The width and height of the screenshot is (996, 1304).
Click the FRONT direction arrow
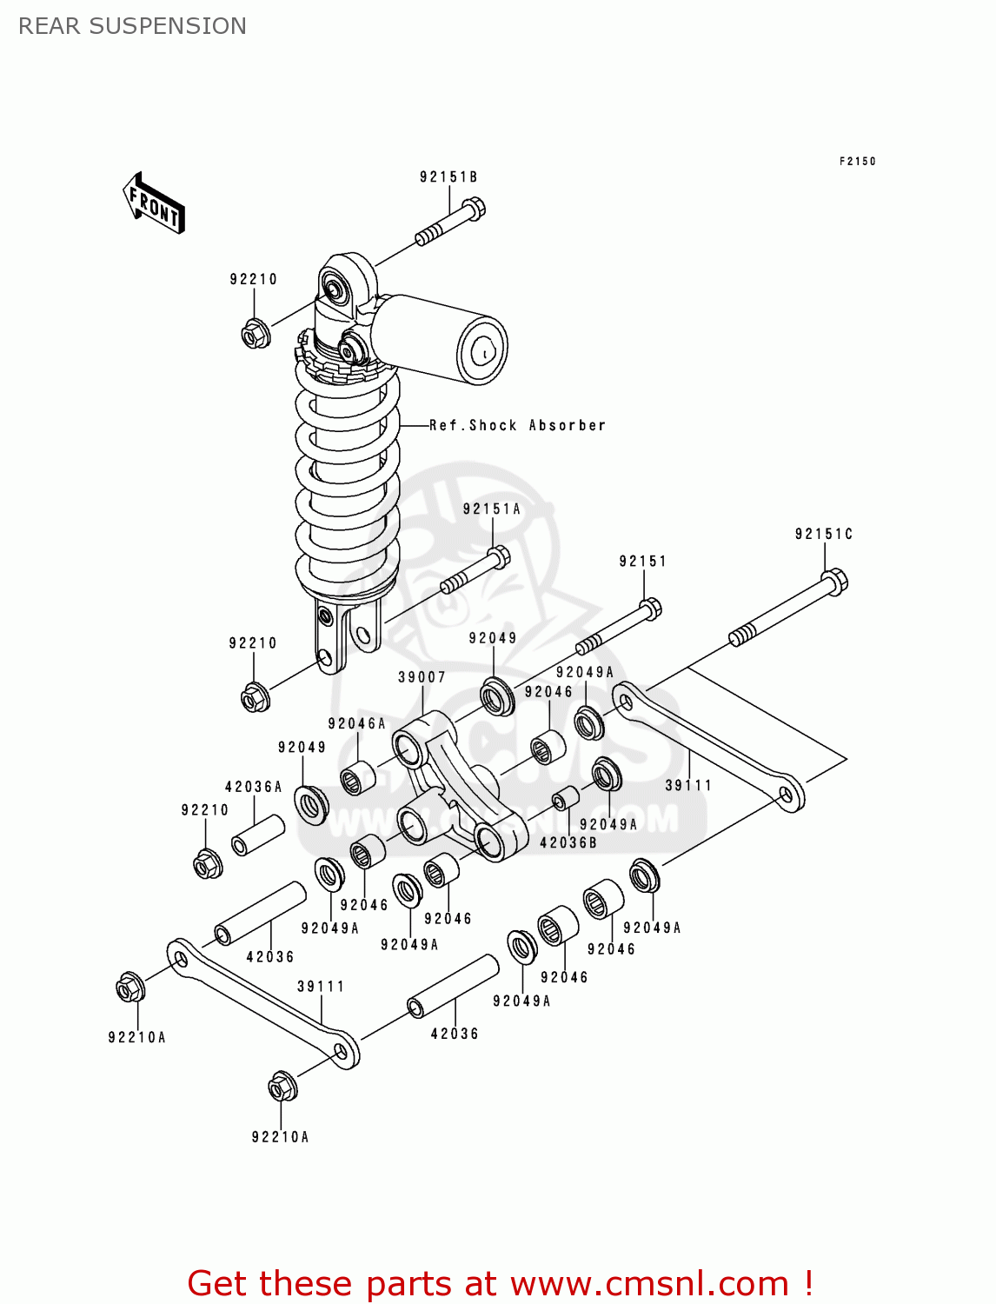tap(154, 203)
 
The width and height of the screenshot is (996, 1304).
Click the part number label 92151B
tap(448, 177)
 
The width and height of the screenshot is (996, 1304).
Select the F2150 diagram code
tap(857, 162)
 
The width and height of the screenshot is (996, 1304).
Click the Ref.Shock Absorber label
tap(517, 425)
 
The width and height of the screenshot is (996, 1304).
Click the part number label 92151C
tap(823, 534)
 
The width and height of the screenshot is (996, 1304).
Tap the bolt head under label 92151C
tap(833, 581)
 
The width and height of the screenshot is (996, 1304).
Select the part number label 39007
tap(422, 677)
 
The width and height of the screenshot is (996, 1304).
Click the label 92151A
tap(491, 509)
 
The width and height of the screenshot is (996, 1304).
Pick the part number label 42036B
tap(568, 842)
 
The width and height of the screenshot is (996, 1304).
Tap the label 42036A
tap(253, 787)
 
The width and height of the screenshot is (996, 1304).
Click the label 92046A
tap(356, 723)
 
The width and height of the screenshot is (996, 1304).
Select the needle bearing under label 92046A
tap(356, 777)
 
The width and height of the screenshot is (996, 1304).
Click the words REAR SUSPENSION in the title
tap(132, 26)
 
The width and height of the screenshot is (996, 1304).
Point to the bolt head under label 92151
tap(650, 608)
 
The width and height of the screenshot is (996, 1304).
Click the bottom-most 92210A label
tap(280, 1137)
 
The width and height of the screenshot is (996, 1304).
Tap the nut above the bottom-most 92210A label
tap(282, 1087)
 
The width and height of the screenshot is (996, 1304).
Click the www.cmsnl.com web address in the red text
tap(648, 1284)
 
